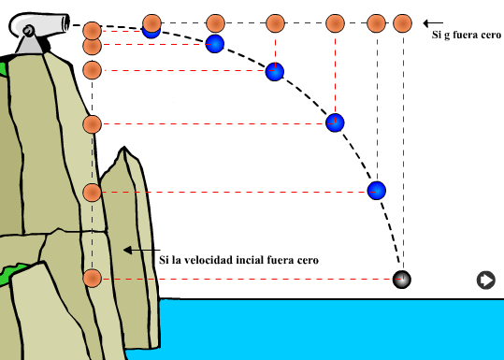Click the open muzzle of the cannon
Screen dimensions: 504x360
[x=65, y=22]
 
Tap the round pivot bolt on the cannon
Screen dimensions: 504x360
[x=28, y=31]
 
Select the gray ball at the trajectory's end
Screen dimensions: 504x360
[x=402, y=279]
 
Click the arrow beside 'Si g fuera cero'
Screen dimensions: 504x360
[x=433, y=23]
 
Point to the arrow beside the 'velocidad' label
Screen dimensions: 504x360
[x=142, y=250]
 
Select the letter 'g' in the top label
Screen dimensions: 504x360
[x=447, y=35]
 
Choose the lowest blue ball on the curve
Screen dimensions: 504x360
[x=377, y=191]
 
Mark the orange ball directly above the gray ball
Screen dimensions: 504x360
[x=402, y=23]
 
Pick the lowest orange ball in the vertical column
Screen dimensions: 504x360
[x=93, y=279]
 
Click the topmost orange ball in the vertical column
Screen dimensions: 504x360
[x=93, y=31]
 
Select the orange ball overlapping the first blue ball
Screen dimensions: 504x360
[x=151, y=23]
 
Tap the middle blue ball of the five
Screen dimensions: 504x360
[x=275, y=72]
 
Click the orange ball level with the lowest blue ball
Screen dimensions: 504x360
[x=93, y=193]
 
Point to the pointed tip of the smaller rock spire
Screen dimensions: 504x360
[x=124, y=147]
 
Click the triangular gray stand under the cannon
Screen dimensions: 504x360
[x=30, y=44]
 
